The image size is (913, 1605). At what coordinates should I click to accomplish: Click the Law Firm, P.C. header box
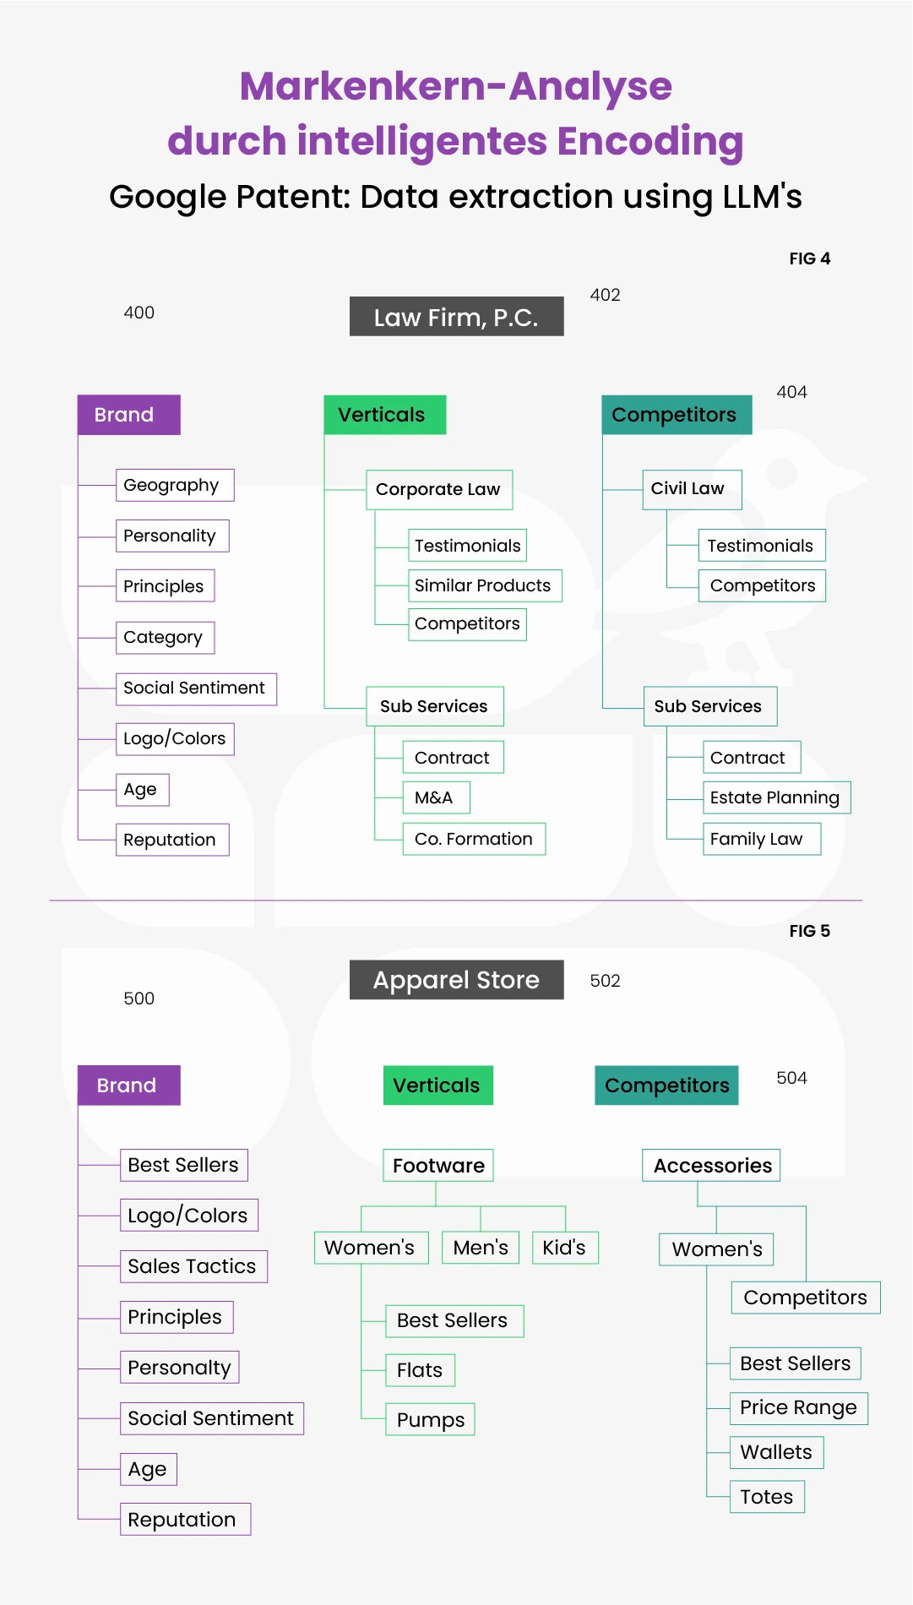456,316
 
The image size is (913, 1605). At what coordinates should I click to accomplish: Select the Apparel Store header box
456,980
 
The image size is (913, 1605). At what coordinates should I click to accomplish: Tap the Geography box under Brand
175,485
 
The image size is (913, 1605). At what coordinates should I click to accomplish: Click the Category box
165,637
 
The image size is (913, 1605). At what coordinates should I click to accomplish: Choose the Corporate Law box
439,490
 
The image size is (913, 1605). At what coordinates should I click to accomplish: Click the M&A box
436,797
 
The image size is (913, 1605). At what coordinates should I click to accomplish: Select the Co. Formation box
474,839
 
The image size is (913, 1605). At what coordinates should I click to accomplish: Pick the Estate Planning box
776,797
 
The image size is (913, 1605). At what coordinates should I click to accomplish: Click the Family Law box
761,839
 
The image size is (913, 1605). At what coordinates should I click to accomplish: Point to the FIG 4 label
810,258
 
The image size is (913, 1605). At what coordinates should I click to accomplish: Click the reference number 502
605,981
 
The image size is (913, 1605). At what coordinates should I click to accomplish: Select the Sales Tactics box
193,1266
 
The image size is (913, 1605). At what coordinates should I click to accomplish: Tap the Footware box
438,1166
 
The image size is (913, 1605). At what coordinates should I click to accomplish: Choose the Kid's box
565,1248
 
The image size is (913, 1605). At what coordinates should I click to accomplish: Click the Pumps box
431,1419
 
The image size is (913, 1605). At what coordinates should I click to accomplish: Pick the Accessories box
711,1166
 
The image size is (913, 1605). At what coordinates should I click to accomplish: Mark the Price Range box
798,1408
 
